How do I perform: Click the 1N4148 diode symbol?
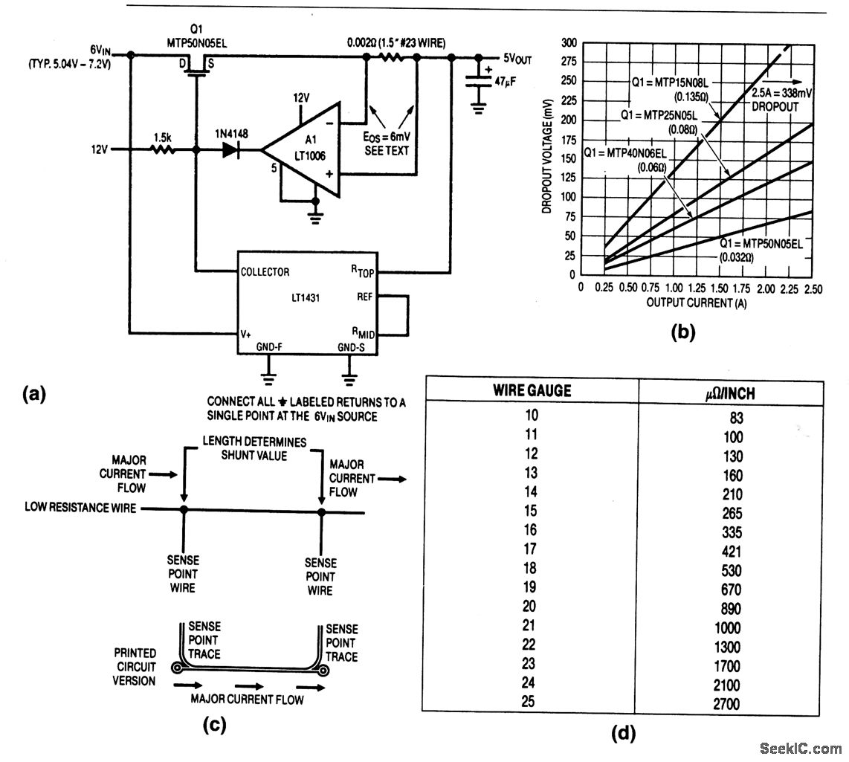228,149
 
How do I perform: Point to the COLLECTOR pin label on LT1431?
265,271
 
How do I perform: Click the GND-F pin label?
268,347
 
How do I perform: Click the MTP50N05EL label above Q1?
196,43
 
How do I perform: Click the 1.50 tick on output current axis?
719,288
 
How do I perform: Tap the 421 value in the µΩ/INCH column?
730,552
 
